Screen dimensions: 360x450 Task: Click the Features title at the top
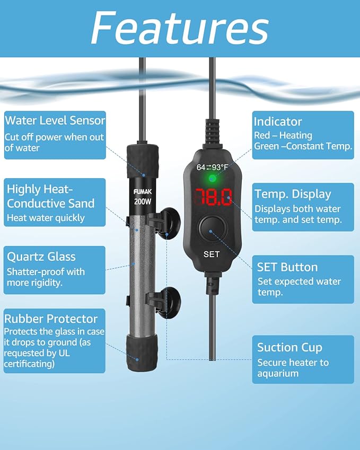[180, 28]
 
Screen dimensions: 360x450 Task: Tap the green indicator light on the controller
[213, 179]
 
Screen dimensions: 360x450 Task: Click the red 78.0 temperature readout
[213, 197]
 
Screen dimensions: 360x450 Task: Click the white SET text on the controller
[212, 254]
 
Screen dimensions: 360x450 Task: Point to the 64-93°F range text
[212, 167]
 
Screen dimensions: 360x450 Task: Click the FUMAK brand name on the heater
[143, 192]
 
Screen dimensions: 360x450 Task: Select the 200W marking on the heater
[143, 201]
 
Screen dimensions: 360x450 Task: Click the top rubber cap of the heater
[143, 161]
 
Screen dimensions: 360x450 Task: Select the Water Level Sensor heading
[55, 120]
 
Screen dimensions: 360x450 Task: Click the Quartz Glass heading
[41, 257]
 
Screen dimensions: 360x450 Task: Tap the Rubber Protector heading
[51, 319]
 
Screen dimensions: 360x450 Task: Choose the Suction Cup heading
[289, 348]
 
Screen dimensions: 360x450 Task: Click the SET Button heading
[287, 267]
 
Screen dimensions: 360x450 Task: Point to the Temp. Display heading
[293, 195]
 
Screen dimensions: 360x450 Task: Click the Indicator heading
[278, 122]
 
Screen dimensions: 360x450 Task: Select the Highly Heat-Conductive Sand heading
[50, 196]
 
